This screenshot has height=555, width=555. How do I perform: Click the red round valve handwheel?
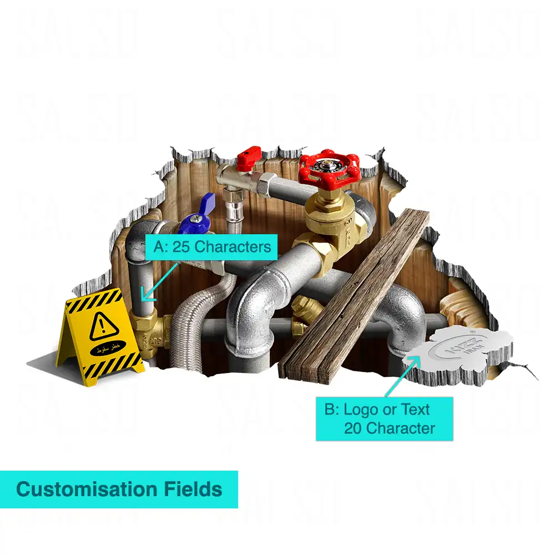(329, 169)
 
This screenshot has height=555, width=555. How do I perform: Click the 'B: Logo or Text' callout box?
(384, 418)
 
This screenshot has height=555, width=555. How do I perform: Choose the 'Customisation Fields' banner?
(119, 490)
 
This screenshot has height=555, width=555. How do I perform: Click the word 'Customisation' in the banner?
(87, 490)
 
